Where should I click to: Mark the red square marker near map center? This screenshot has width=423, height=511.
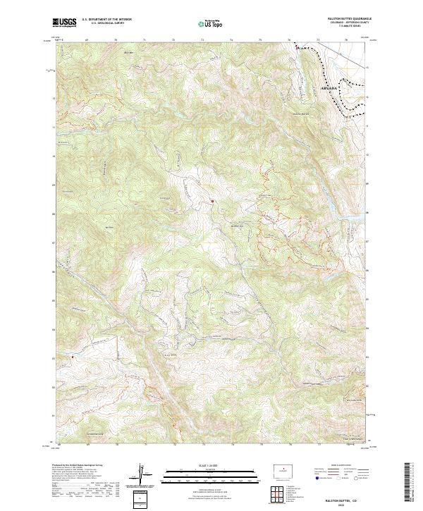(x=212, y=202)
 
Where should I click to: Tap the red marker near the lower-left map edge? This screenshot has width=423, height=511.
(x=72, y=357)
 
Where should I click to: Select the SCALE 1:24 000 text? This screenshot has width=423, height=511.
(x=211, y=465)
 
